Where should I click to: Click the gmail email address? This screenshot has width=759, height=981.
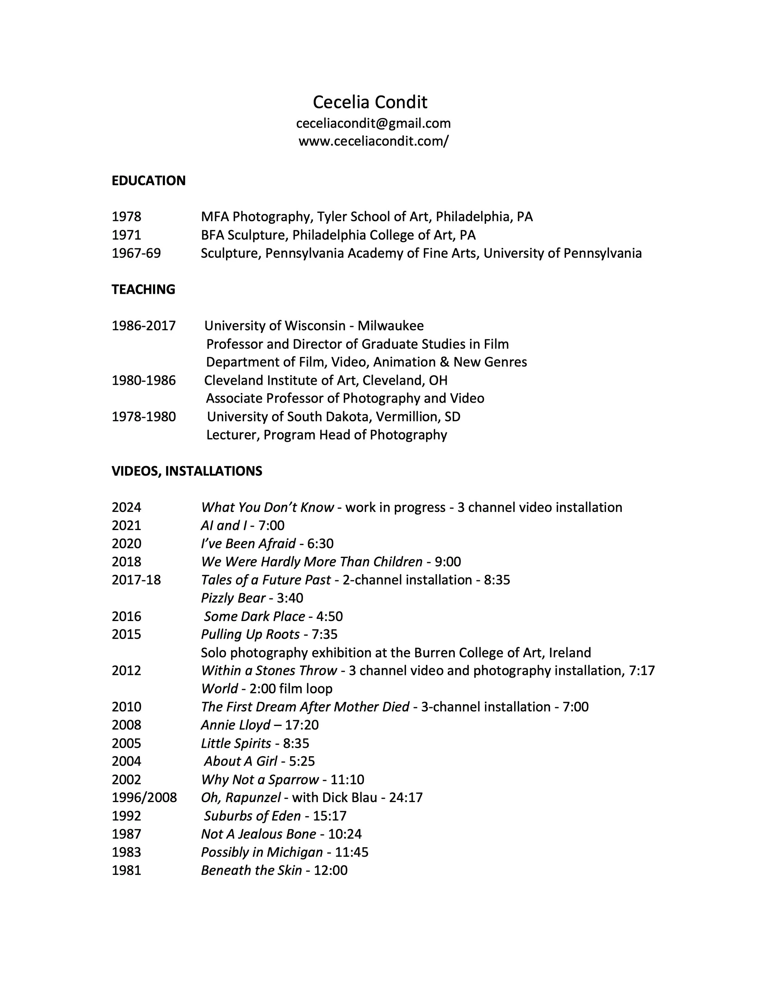373,123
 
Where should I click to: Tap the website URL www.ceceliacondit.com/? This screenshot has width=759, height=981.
373,142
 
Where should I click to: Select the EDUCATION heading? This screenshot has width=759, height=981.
148,180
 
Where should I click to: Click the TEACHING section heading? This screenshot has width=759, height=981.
143,289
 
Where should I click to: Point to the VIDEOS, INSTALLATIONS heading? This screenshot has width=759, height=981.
187,471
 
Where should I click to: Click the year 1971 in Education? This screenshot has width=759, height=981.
126,235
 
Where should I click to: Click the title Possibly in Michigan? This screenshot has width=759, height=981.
262,852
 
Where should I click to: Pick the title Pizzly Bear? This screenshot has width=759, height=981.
233,598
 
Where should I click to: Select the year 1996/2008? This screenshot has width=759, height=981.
144,797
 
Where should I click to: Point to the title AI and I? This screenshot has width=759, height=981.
223,526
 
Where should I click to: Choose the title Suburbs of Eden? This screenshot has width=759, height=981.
252,816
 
